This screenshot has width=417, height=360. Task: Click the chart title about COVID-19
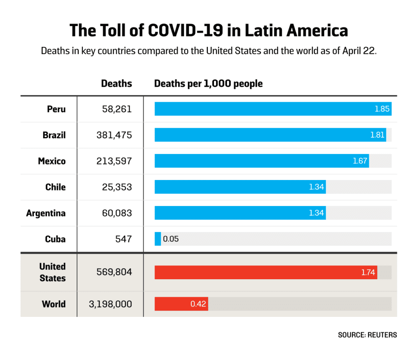pos(208,31)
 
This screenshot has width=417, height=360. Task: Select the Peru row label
pos(56,109)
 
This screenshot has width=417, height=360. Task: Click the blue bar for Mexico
pos(262,161)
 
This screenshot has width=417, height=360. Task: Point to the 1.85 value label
pos(382,109)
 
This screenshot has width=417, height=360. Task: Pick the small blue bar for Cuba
pos(158,239)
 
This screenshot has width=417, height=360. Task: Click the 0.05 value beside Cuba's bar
pos(171,239)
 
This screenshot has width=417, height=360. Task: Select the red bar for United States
pos(266,272)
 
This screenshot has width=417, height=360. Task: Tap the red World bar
pos(181,304)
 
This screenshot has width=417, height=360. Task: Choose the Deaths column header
pos(116,83)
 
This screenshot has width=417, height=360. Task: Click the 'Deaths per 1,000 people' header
pos(208,83)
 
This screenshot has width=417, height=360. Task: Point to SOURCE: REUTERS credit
pos(367,335)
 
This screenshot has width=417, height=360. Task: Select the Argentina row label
pos(46,213)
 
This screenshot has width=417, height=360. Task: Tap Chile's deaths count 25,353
pos(116,187)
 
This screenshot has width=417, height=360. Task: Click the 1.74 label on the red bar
pos(368,272)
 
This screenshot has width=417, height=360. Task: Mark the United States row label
pos(53,272)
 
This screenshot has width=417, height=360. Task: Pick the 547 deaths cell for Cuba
pos(124,239)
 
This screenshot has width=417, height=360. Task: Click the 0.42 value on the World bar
pos(198,304)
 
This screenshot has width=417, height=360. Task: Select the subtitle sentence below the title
pos(208,52)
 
